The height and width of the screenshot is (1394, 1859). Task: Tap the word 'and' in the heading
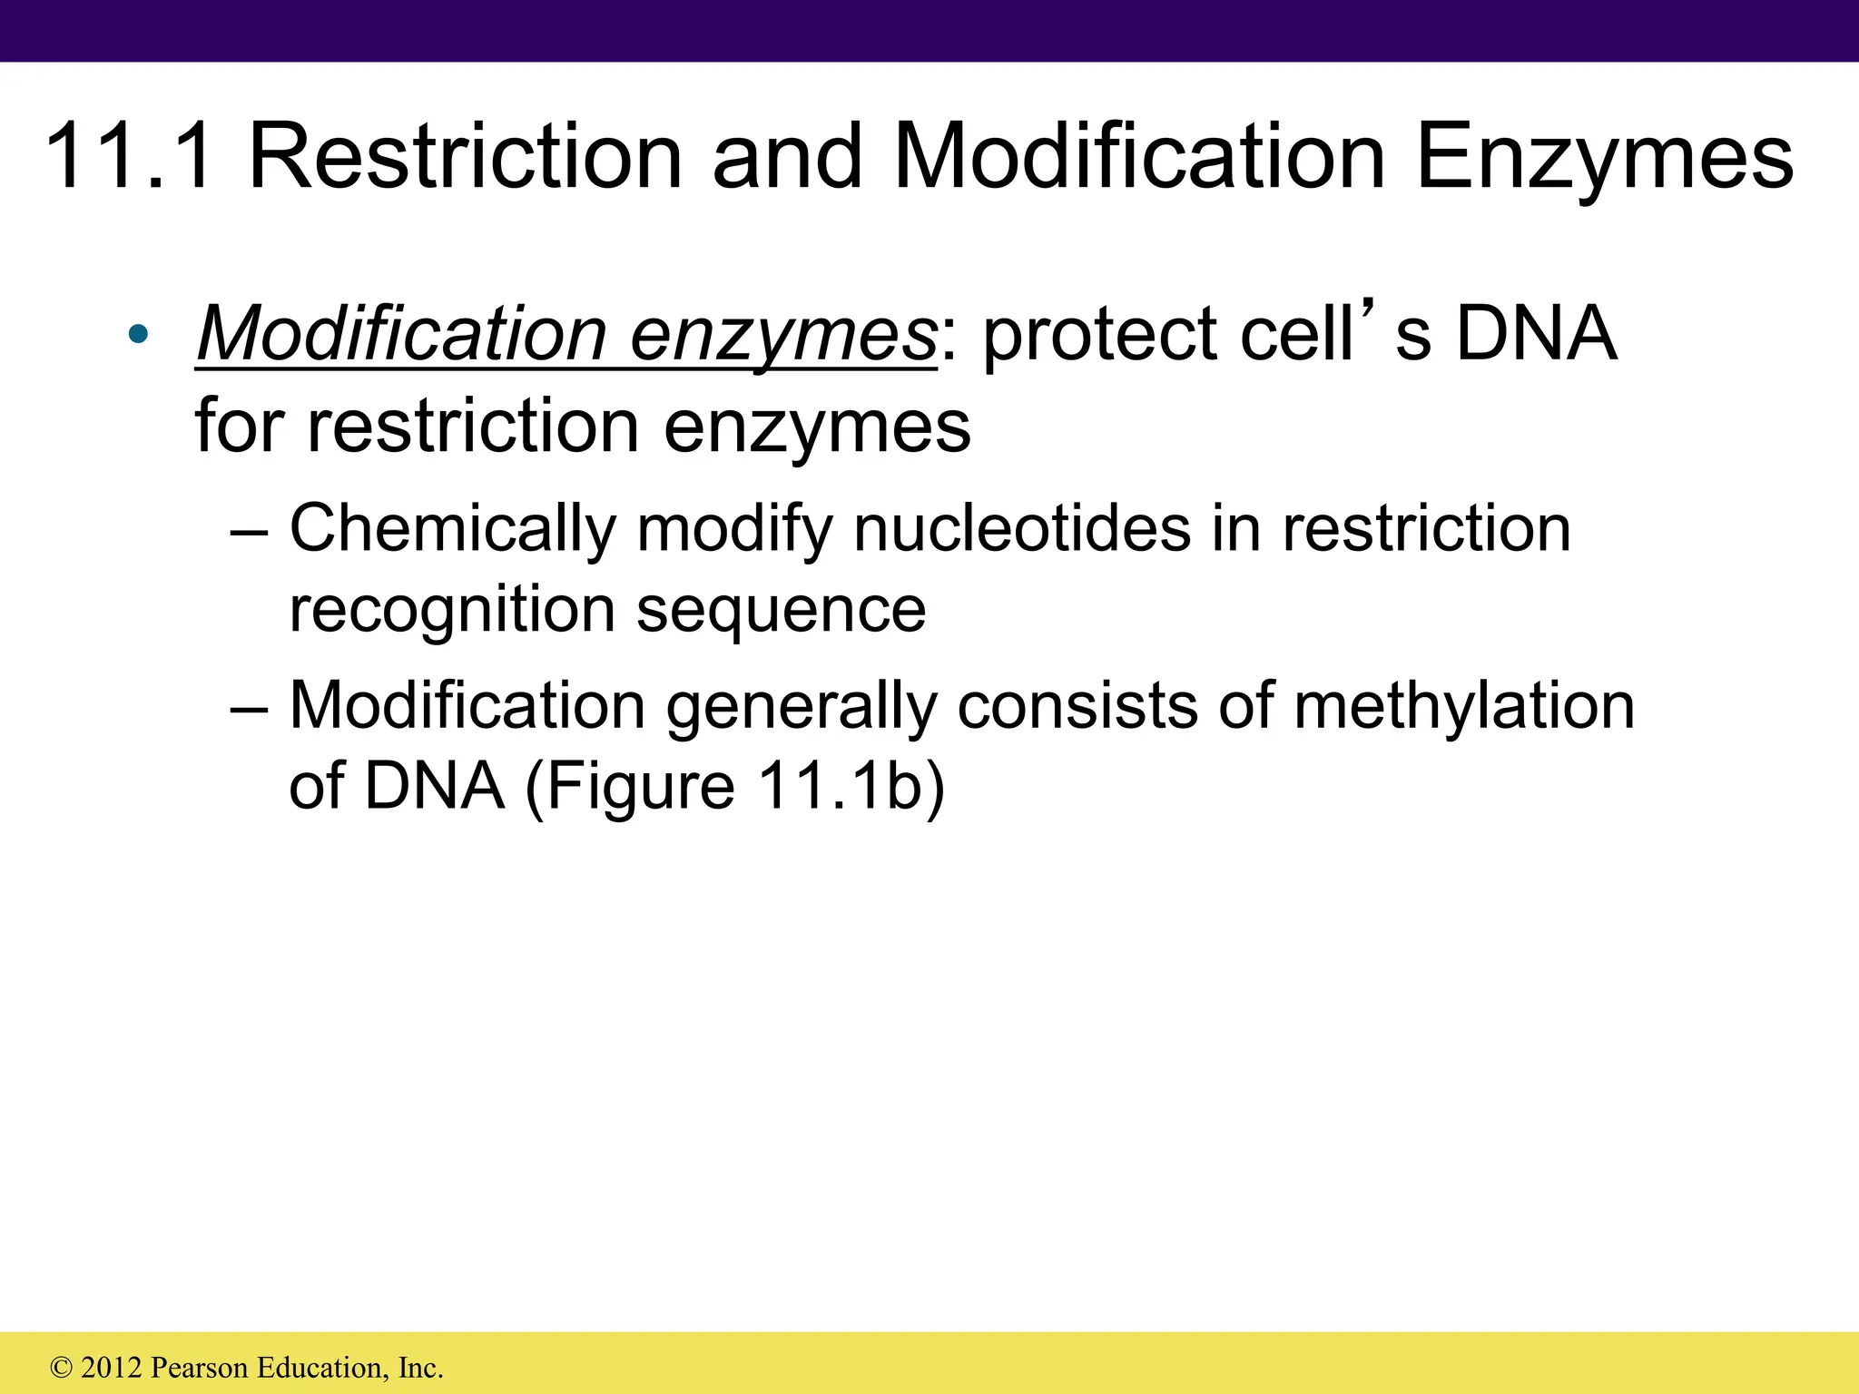coord(786,158)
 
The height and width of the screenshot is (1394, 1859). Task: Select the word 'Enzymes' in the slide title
coord(1604,158)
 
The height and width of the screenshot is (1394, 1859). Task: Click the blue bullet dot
coord(138,334)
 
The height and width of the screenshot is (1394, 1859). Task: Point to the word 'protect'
coord(1099,336)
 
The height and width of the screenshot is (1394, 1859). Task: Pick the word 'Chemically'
coord(451,528)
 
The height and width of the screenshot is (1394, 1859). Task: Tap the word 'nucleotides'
coord(1022,528)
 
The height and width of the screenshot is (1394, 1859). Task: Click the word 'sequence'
coord(782,610)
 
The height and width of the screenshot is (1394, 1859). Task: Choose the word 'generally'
coord(802,706)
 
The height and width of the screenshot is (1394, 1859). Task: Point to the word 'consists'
coord(1077,706)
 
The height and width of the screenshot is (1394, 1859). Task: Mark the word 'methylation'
coord(1463,706)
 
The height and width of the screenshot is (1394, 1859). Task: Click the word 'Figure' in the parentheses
coord(640,786)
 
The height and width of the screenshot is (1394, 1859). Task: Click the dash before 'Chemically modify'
coord(250,530)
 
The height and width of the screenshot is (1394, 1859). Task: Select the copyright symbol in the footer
coord(62,1368)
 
